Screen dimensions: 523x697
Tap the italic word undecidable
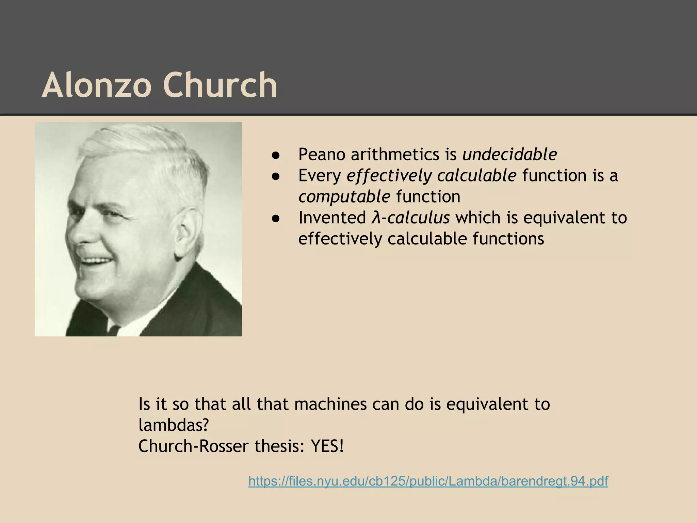(509, 155)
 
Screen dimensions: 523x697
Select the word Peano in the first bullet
(322, 155)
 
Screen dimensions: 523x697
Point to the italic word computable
(344, 197)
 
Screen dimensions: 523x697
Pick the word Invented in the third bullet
(332, 218)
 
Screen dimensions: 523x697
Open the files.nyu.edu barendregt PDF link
(428, 481)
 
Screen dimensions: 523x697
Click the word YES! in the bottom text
(327, 446)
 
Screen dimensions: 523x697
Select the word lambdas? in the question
(174, 425)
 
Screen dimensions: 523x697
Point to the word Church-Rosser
(193, 446)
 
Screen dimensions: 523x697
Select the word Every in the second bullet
(320, 176)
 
